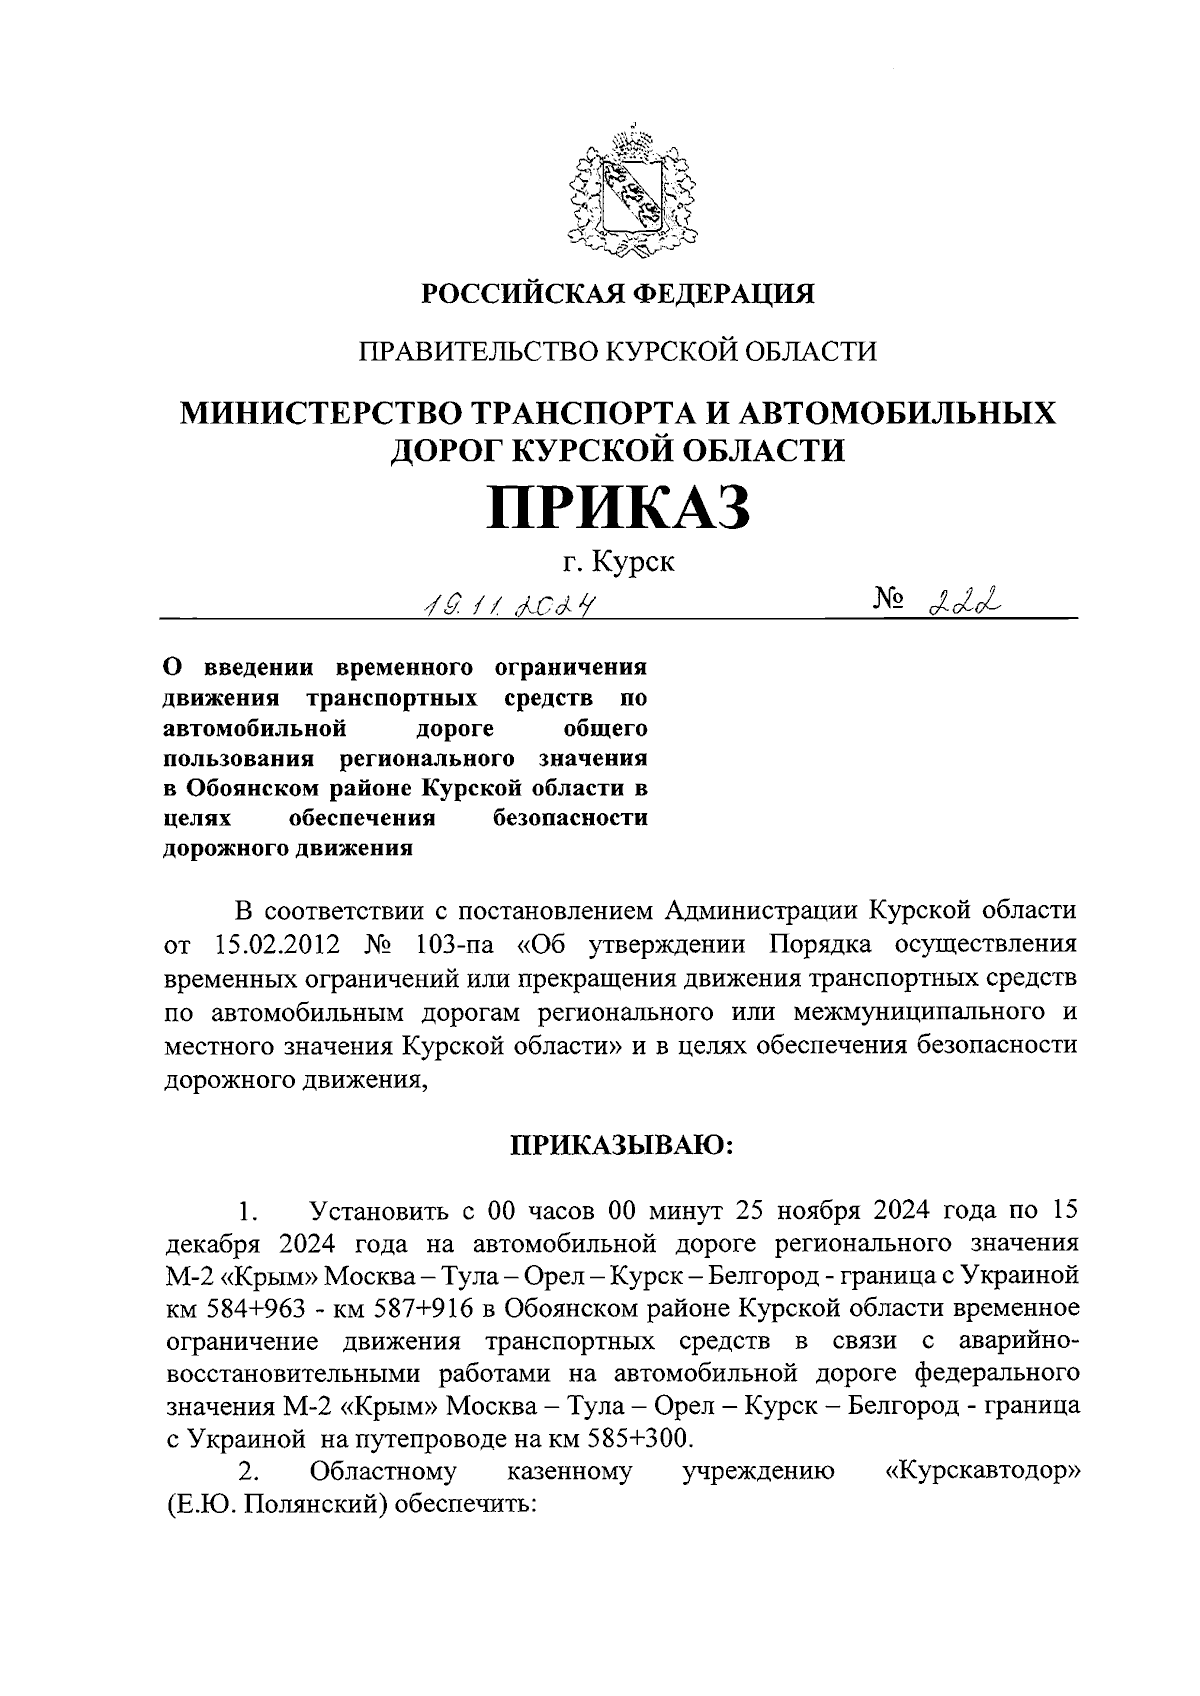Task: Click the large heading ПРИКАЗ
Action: click(x=617, y=507)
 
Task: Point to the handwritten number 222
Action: click(x=965, y=599)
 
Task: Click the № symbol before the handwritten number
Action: click(x=890, y=599)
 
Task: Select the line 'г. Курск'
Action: click(x=617, y=562)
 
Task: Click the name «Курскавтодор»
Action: click(x=982, y=1471)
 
